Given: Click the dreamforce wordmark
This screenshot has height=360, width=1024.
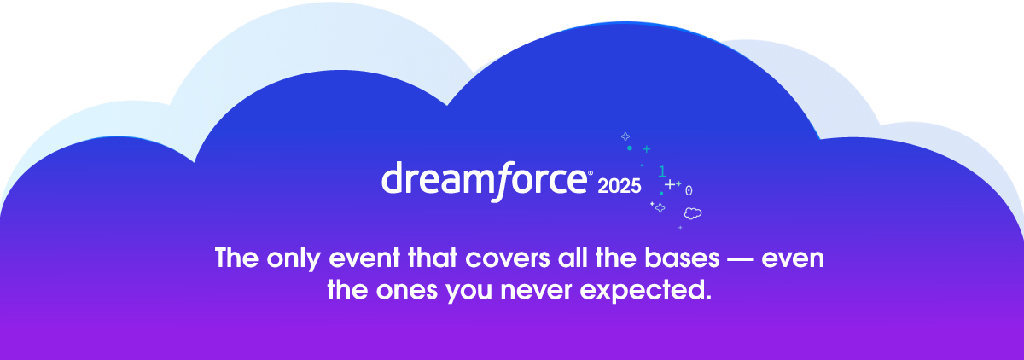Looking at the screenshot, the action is click(484, 181).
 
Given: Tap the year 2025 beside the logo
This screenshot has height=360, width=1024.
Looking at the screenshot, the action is click(619, 186).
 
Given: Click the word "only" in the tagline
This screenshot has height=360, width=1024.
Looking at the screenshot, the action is click(294, 259).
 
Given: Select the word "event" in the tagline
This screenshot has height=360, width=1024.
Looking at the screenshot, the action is click(364, 258).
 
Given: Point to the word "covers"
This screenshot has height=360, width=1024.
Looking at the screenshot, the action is click(508, 258).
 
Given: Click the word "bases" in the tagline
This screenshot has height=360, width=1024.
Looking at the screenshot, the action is click(682, 258).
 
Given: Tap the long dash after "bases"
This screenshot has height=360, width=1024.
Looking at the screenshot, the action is click(740, 260).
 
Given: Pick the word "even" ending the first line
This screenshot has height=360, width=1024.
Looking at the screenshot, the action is click(793, 259).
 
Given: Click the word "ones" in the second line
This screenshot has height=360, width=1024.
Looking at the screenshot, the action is click(406, 291).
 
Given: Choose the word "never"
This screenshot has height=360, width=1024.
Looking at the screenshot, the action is click(536, 291).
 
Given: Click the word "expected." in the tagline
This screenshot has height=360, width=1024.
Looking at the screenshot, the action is click(645, 291).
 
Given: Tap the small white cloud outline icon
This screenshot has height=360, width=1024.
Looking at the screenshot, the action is click(693, 213).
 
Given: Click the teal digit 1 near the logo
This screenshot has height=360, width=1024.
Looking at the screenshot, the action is click(662, 171).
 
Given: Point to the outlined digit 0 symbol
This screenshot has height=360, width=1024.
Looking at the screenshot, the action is click(689, 190).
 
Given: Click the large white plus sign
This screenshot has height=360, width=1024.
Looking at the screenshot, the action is click(670, 184).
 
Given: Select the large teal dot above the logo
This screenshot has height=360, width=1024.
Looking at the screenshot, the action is click(630, 148).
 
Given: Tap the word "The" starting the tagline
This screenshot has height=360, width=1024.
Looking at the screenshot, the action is click(237, 258).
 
